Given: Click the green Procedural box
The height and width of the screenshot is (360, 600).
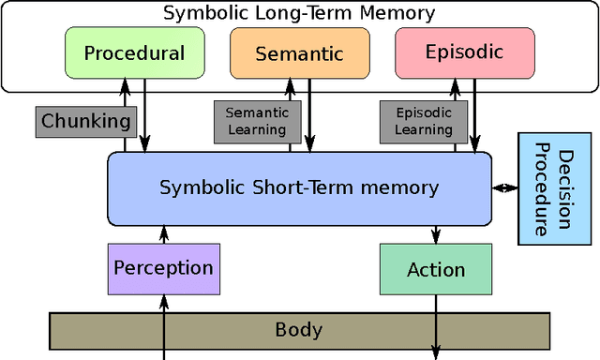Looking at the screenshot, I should (x=134, y=52).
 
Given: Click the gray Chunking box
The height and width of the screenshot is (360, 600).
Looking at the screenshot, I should (x=86, y=121).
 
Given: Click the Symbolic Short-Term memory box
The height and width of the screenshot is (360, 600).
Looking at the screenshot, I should (x=299, y=187).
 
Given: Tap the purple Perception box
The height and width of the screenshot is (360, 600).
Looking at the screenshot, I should (x=164, y=268).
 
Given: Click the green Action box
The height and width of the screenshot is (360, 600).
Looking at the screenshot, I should (x=436, y=269).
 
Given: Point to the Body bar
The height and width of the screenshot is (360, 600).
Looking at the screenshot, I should (x=298, y=329).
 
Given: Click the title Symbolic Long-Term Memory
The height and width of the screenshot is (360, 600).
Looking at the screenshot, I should (x=299, y=12).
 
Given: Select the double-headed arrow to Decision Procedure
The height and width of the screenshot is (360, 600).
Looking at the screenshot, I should (x=505, y=188).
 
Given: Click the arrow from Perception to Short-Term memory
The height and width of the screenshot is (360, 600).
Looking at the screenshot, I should (x=164, y=234).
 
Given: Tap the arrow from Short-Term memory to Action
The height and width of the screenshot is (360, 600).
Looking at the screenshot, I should (x=436, y=234).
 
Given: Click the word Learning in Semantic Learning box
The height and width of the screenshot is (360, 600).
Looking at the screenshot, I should (x=256, y=130).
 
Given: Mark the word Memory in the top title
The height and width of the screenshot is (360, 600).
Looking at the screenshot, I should (x=399, y=12).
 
